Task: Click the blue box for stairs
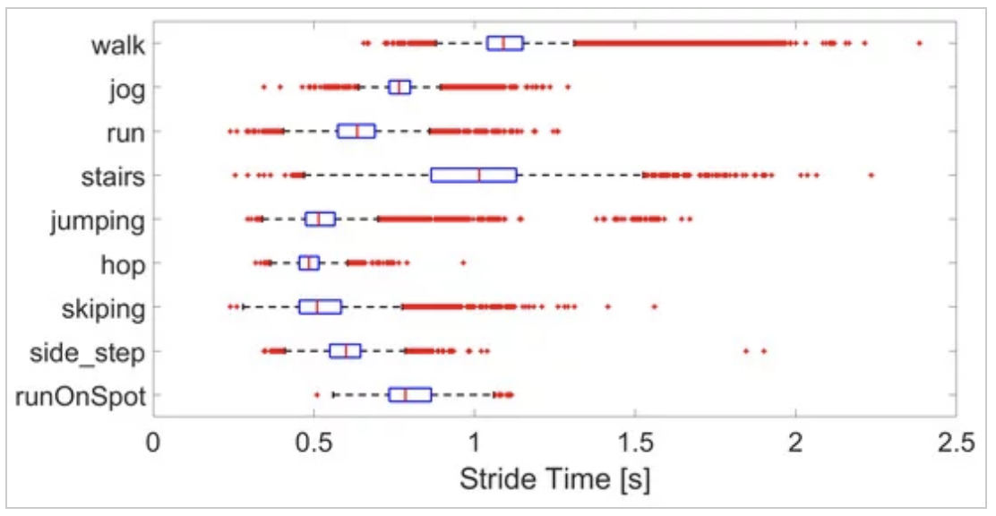[474, 175]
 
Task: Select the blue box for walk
[504, 43]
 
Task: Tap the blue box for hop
[309, 262]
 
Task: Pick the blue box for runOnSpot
[410, 395]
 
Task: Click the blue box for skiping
[320, 306]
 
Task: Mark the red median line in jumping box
[318, 219]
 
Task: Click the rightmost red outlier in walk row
[919, 43]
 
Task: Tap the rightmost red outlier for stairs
[871, 175]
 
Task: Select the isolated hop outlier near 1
[463, 262]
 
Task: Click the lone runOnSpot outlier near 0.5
[316, 395]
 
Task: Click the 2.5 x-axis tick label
[955, 441]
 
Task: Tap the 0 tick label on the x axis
[154, 441]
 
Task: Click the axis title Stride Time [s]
[554, 479]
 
